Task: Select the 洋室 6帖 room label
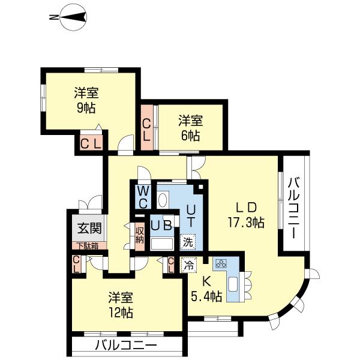pos(190,127)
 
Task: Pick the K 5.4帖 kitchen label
pos(206,289)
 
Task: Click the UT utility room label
pos(190,215)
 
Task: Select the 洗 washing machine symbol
pos(188,243)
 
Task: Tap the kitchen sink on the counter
pos(235,286)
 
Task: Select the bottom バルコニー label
pos(125,346)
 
